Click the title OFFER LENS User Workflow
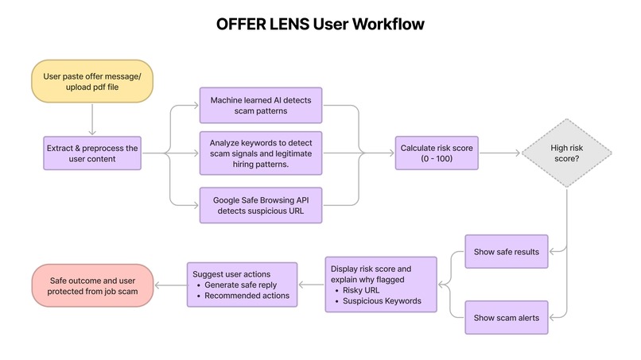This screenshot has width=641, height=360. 320,25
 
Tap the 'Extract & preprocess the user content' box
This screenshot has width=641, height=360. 92,154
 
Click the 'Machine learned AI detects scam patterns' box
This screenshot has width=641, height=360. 260,106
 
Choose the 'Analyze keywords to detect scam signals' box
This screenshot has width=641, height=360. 260,154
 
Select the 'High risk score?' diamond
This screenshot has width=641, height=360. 567,154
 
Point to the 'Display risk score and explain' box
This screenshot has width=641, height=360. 381,285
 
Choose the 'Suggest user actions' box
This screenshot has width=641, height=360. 242,285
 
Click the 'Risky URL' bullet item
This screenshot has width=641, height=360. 363,290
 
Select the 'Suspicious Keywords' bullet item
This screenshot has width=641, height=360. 382,301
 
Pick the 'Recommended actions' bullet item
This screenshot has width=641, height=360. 247,296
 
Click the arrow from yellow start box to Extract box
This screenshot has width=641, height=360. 92,121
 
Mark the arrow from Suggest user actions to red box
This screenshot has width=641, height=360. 169,285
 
